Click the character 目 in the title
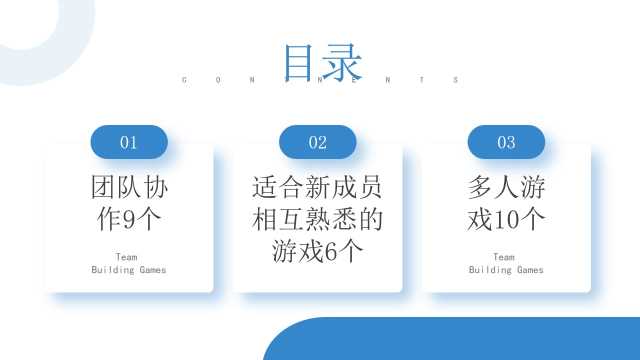coord(299,62)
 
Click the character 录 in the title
coord(342,62)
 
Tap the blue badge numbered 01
coord(129,142)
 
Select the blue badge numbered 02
coord(318,142)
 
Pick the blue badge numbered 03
coord(506,142)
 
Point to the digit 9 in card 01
coord(129,220)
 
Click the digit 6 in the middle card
coord(331,251)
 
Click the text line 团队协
coord(129,188)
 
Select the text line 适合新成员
coord(317,188)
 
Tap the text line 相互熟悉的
coord(317,220)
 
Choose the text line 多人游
coord(506,188)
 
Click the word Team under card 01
coord(127,257)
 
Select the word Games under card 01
coord(153,270)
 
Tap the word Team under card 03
coord(504,257)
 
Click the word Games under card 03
coord(530,270)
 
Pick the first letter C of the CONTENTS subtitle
coord(184,80)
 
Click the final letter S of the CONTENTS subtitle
coord(456,80)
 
